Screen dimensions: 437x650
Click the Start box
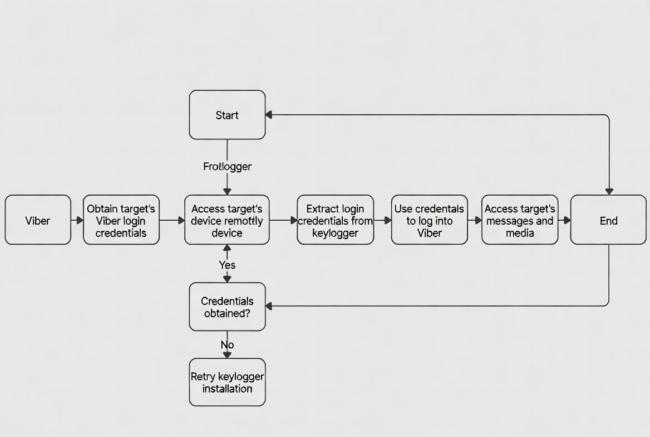(227, 115)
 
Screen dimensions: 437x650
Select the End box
(608, 220)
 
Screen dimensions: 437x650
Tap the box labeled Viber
(38, 220)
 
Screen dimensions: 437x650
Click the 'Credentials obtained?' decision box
(227, 307)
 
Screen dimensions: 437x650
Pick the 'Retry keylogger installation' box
(227, 382)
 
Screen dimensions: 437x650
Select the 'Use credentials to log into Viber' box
(429, 220)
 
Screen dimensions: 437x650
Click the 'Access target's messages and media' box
(520, 220)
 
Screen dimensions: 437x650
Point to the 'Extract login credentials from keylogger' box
(335, 220)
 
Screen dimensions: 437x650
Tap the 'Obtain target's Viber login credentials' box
(121, 220)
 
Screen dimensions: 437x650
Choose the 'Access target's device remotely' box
(227, 220)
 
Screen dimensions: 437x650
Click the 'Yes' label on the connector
(227, 265)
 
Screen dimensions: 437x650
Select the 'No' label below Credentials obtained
(227, 345)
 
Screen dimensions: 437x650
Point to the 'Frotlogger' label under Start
(227, 166)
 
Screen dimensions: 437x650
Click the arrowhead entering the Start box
(269, 115)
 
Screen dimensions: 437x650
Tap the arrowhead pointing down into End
(609, 191)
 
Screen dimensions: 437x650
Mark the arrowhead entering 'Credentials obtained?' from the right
(269, 306)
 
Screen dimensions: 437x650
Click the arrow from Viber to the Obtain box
(77, 220)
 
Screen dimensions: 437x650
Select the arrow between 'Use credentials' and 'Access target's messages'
(475, 220)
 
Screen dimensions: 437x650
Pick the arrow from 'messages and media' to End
(564, 220)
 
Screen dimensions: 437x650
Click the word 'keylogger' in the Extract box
(335, 233)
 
